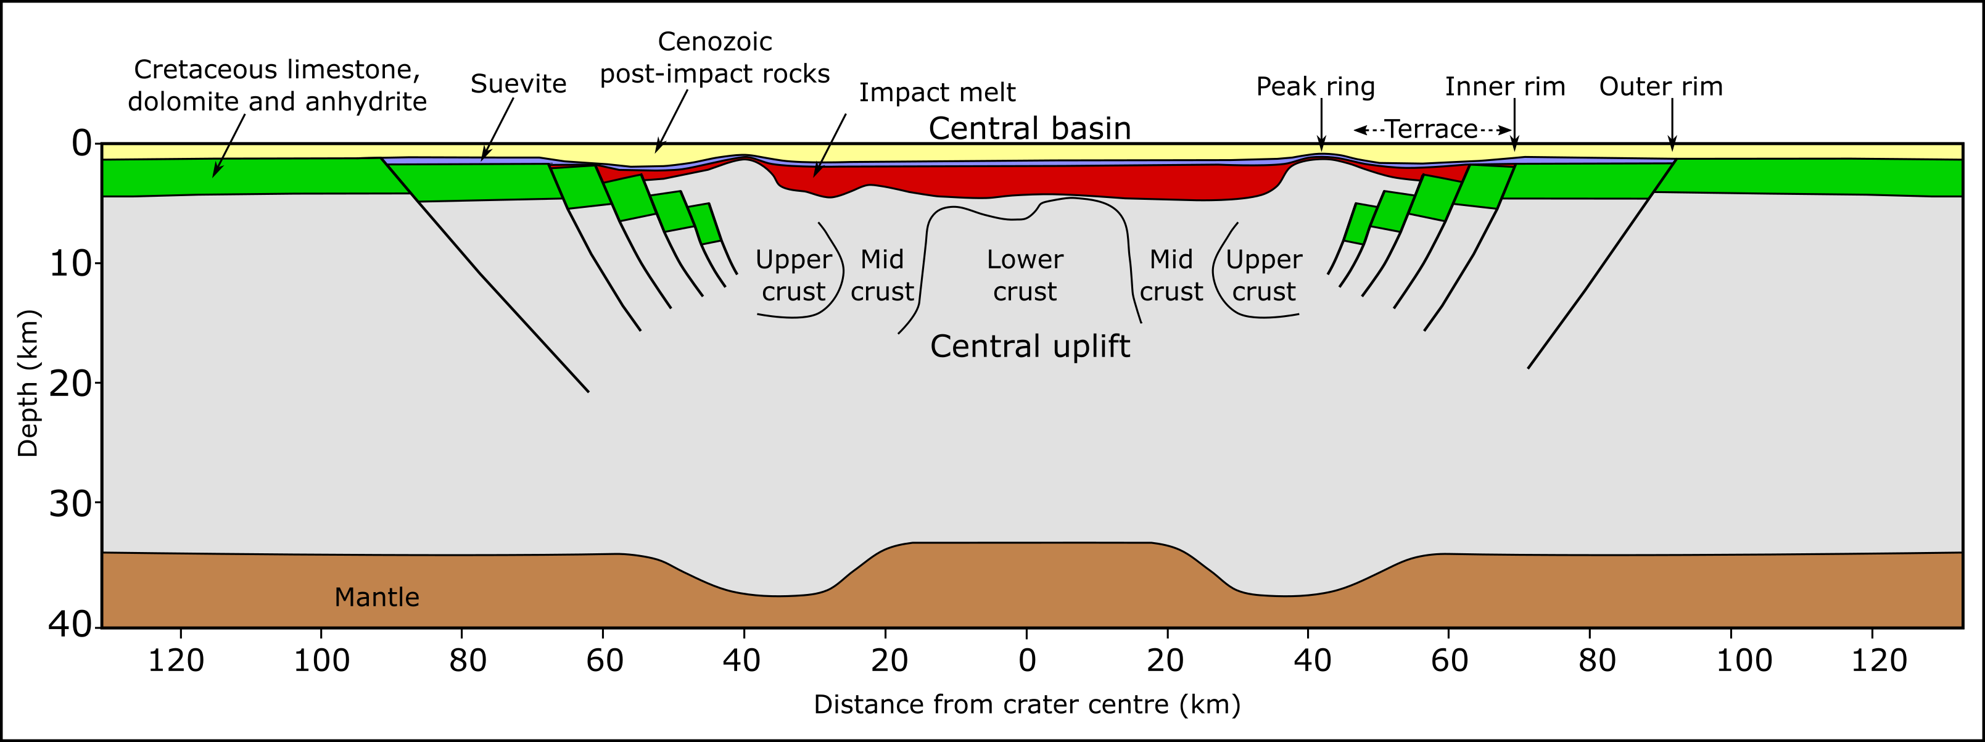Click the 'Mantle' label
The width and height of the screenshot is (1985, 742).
[x=377, y=597]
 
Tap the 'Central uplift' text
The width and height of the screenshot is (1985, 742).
[x=1030, y=347]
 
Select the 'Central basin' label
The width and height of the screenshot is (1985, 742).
[x=1030, y=128]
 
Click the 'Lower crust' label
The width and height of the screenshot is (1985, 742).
[x=1025, y=275]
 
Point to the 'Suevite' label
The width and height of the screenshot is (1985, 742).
[x=519, y=83]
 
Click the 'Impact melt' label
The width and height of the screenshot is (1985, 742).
[x=937, y=93]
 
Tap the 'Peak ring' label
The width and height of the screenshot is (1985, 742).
[x=1315, y=87]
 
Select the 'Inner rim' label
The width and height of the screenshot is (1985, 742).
[x=1505, y=86]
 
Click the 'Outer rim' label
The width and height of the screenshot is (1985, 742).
[x=1661, y=86]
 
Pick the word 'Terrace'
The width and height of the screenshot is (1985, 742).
[x=1432, y=129]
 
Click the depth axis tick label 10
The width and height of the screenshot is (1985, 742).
[x=70, y=264]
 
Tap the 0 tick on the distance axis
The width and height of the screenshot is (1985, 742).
[x=1026, y=661]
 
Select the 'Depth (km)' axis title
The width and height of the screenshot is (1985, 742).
[x=28, y=383]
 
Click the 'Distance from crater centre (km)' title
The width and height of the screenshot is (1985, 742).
[x=1027, y=704]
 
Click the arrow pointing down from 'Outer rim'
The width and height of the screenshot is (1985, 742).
[x=1672, y=124]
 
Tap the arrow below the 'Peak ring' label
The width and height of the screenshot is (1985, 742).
[x=1321, y=124]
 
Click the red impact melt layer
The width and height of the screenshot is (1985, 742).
[x=1025, y=183]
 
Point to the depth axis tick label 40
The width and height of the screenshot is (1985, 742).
[x=70, y=625]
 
